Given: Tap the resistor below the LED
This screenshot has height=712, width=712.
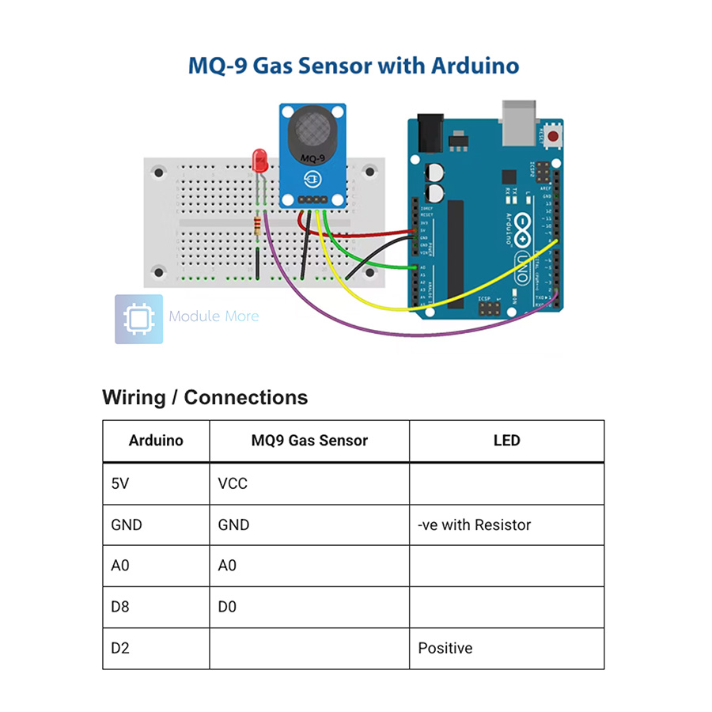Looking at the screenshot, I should (258, 226).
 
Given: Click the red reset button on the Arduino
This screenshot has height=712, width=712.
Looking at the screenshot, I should (551, 136).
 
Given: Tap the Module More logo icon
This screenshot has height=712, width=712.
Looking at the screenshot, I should (138, 319).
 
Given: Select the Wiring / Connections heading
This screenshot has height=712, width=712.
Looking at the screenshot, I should (205, 397).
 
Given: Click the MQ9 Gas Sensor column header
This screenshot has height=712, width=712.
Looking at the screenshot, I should (309, 441).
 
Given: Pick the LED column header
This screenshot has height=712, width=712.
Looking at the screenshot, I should (506, 441).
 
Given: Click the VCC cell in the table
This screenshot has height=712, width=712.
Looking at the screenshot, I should (233, 483).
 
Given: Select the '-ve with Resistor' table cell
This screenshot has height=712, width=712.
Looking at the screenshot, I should (475, 525).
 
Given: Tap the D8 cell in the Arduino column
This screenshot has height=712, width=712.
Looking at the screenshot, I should (120, 607).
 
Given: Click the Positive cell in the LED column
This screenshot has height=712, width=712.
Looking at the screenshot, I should (445, 648).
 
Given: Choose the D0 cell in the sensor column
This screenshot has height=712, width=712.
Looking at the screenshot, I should (227, 607).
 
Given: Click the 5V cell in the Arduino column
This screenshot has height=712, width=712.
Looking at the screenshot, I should (119, 483).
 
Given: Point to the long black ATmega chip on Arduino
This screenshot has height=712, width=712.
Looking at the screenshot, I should (456, 253).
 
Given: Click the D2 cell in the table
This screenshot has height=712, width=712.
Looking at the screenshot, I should (120, 648).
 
